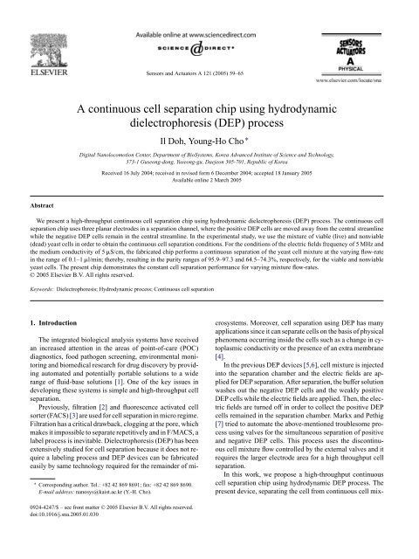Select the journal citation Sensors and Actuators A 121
pyautogui.click(x=209, y=66)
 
